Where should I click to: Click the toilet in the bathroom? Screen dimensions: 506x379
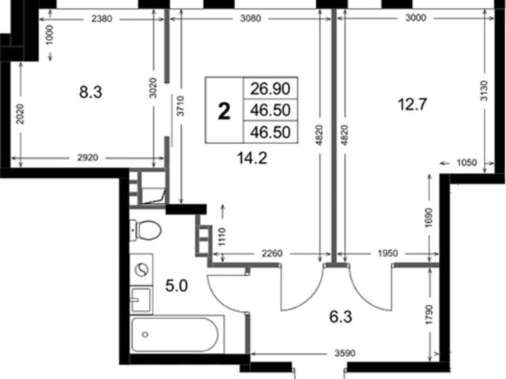(x=145, y=230)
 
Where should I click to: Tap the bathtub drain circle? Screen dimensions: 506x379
(x=145, y=335)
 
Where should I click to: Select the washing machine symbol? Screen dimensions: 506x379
(x=142, y=269)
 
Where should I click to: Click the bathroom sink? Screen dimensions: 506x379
(x=142, y=300)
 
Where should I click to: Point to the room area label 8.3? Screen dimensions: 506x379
(x=91, y=92)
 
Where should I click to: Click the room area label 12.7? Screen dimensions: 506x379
(x=413, y=104)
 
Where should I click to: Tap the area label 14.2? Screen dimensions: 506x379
(x=252, y=158)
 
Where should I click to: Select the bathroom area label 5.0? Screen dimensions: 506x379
(x=176, y=286)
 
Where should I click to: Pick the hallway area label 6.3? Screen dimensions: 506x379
(x=341, y=317)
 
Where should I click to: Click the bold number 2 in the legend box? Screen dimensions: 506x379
(x=225, y=111)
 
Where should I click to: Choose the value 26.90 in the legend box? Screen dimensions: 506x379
(x=270, y=88)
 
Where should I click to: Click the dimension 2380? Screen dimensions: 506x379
(x=102, y=19)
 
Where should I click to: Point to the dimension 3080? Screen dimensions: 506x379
(x=251, y=18)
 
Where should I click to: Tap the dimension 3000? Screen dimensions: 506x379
(x=416, y=17)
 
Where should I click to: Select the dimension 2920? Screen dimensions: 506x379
(x=88, y=158)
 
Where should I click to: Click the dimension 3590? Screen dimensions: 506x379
(x=345, y=354)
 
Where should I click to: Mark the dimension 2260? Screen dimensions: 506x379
(x=272, y=253)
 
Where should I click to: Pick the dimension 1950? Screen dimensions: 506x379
(x=387, y=253)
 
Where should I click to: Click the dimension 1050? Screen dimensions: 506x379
(x=467, y=162)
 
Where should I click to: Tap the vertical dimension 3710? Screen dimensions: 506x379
(x=181, y=106)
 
